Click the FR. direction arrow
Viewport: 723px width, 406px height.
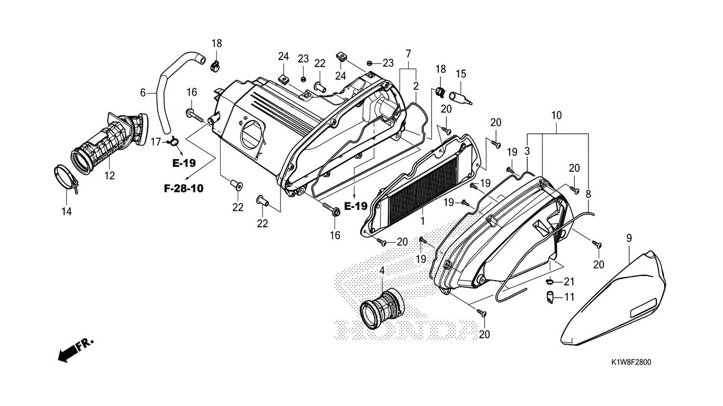(x=74, y=350)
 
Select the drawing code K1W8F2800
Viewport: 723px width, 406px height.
(x=631, y=363)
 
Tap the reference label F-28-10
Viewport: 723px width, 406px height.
(x=183, y=188)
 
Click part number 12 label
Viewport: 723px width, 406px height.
(x=109, y=176)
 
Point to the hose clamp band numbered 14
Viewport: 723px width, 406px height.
(x=66, y=177)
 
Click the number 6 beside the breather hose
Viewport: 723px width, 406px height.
(x=143, y=93)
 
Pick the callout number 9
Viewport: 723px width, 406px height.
(x=629, y=238)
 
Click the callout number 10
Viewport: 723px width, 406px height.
(x=556, y=115)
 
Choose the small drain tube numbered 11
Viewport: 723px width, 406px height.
(x=551, y=297)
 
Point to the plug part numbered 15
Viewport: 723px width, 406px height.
(x=460, y=97)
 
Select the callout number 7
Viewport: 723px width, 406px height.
(x=408, y=53)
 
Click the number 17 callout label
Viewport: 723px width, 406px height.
(x=156, y=142)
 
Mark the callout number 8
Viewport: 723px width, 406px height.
(x=588, y=194)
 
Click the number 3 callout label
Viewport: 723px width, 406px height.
(x=527, y=151)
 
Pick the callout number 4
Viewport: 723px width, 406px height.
(x=382, y=271)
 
